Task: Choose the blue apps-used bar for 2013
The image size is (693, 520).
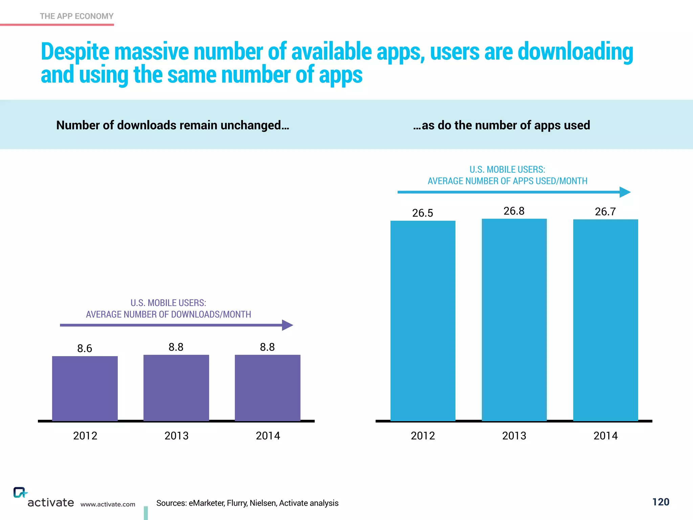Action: click(514, 320)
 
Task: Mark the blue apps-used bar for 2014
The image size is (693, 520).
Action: click(605, 320)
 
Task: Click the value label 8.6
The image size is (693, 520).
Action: click(85, 348)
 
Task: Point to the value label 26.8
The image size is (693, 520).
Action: click(514, 211)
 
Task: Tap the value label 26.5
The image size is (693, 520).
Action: click(422, 213)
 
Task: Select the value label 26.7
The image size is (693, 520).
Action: click(605, 212)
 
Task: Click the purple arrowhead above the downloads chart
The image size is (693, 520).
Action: click(287, 325)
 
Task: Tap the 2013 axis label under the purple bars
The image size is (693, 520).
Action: click(176, 436)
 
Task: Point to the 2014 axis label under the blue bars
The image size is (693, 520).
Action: click(605, 436)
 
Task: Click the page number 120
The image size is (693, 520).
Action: click(661, 502)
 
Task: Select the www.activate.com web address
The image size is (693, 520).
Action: click(108, 504)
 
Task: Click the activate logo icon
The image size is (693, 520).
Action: click(20, 493)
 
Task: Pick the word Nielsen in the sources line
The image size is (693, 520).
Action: click(263, 503)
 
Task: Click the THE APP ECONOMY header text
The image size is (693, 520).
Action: click(76, 16)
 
